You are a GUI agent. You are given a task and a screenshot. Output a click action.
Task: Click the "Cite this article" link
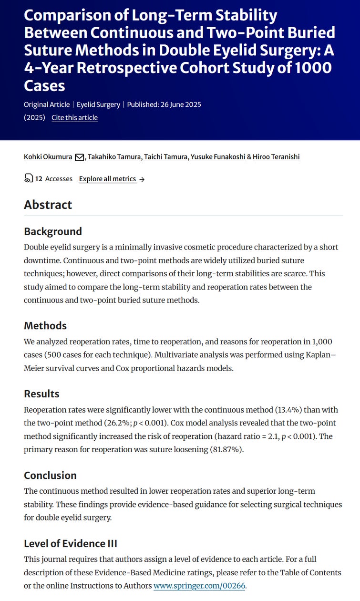pos(74,118)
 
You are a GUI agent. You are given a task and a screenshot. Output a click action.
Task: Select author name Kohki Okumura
pos(48,157)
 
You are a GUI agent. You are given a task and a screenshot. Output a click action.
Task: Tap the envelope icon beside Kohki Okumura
pos(80,157)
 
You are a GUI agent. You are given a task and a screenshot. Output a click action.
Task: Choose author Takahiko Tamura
pos(114,157)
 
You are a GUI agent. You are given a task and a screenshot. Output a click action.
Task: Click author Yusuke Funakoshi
pos(217,157)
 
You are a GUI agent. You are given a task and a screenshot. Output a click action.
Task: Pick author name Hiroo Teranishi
pos(277,157)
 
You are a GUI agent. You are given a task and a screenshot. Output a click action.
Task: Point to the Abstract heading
pos(48,205)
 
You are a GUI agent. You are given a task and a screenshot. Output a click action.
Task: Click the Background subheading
pos(53,231)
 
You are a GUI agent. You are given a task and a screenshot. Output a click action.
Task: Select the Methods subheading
pos(45,326)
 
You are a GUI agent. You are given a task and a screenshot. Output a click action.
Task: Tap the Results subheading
pos(42,394)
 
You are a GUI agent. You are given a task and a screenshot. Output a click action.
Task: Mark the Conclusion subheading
pos(51,476)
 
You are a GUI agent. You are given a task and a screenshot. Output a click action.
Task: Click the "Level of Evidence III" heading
pos(71,544)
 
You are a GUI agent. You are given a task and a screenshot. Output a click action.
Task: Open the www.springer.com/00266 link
pos(199,586)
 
